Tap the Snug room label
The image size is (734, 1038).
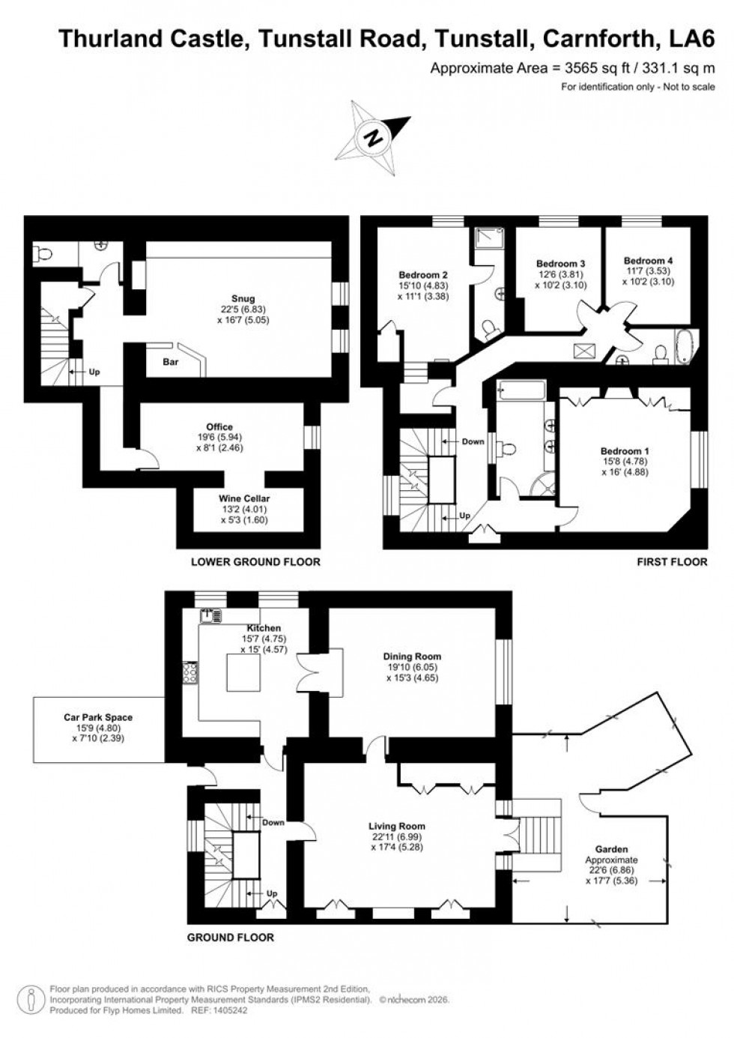point(243,299)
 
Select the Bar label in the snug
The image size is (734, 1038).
point(171,361)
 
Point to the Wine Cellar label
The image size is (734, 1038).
point(244,498)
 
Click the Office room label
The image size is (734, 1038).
point(219,427)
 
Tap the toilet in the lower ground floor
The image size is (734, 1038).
point(43,254)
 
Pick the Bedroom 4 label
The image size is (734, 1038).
point(648,261)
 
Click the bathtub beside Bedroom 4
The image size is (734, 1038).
point(685,347)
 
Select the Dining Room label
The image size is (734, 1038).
point(411,656)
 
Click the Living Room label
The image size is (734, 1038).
point(396,826)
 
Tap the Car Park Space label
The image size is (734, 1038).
point(97,717)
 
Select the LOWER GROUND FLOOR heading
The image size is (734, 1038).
point(255,561)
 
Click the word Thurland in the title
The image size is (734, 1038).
point(111,40)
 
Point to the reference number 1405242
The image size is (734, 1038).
point(223,1010)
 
